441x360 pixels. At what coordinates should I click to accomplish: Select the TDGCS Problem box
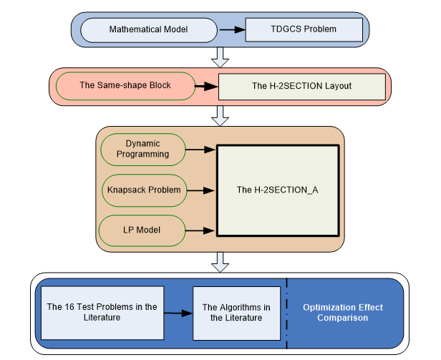tap(304, 29)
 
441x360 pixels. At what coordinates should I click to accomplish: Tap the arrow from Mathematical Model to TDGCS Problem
tap(231, 30)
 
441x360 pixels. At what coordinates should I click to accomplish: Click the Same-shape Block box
tap(125, 86)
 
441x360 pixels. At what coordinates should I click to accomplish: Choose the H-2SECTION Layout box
tap(301, 87)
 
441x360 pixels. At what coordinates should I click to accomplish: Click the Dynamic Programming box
tap(142, 149)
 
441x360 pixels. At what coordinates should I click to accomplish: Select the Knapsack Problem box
tap(142, 190)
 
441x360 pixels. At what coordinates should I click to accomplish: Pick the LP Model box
tap(142, 230)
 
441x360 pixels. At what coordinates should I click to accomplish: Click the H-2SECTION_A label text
tap(277, 190)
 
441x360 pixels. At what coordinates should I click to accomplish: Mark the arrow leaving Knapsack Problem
tap(201, 190)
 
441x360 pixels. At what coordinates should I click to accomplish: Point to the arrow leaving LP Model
tap(201, 230)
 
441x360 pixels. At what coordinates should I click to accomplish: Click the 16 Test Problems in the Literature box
tap(102, 313)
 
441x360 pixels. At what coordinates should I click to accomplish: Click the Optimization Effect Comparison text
tap(342, 313)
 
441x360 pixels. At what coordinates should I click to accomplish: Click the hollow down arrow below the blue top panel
tap(220, 55)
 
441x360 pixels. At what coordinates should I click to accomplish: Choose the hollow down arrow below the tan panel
tap(220, 263)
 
